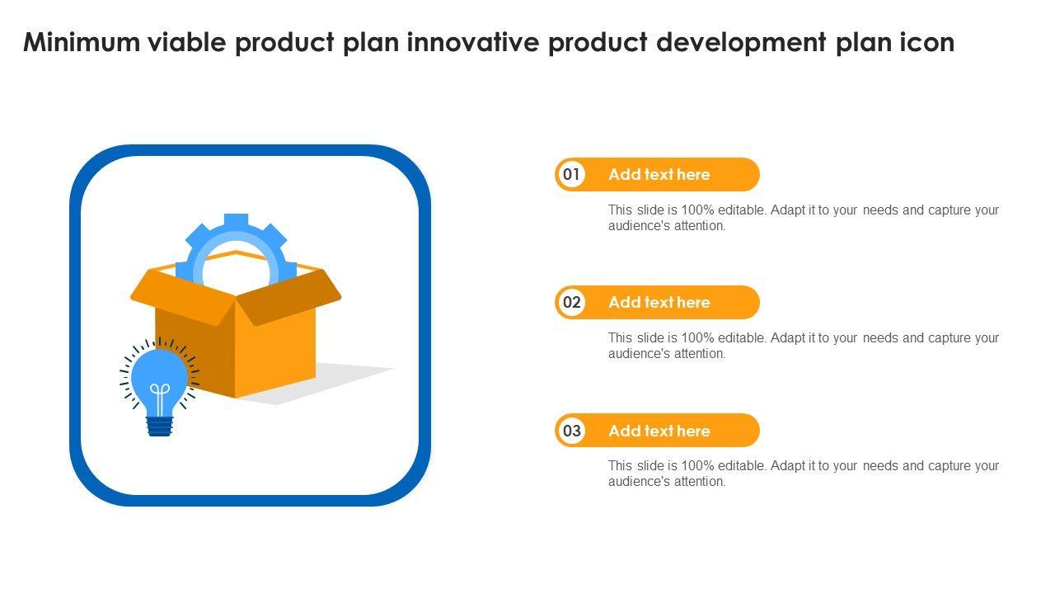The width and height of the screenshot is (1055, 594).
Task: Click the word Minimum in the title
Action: click(82, 42)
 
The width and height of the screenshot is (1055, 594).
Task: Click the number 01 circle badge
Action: click(572, 174)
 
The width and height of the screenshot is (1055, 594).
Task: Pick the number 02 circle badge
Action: click(572, 302)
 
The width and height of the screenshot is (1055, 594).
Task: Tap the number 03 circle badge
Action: click(572, 431)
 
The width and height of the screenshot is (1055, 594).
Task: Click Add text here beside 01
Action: click(659, 174)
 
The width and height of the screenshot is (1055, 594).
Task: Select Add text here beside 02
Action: click(659, 302)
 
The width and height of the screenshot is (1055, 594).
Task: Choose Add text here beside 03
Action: click(659, 431)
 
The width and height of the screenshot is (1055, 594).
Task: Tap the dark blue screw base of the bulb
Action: click(160, 427)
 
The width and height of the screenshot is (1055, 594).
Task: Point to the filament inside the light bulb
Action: click(160, 398)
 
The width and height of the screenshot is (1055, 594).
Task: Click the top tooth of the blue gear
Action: click(236, 220)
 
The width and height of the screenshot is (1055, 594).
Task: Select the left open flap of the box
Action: click(184, 295)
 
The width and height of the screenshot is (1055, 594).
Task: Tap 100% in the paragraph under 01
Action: click(697, 210)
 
